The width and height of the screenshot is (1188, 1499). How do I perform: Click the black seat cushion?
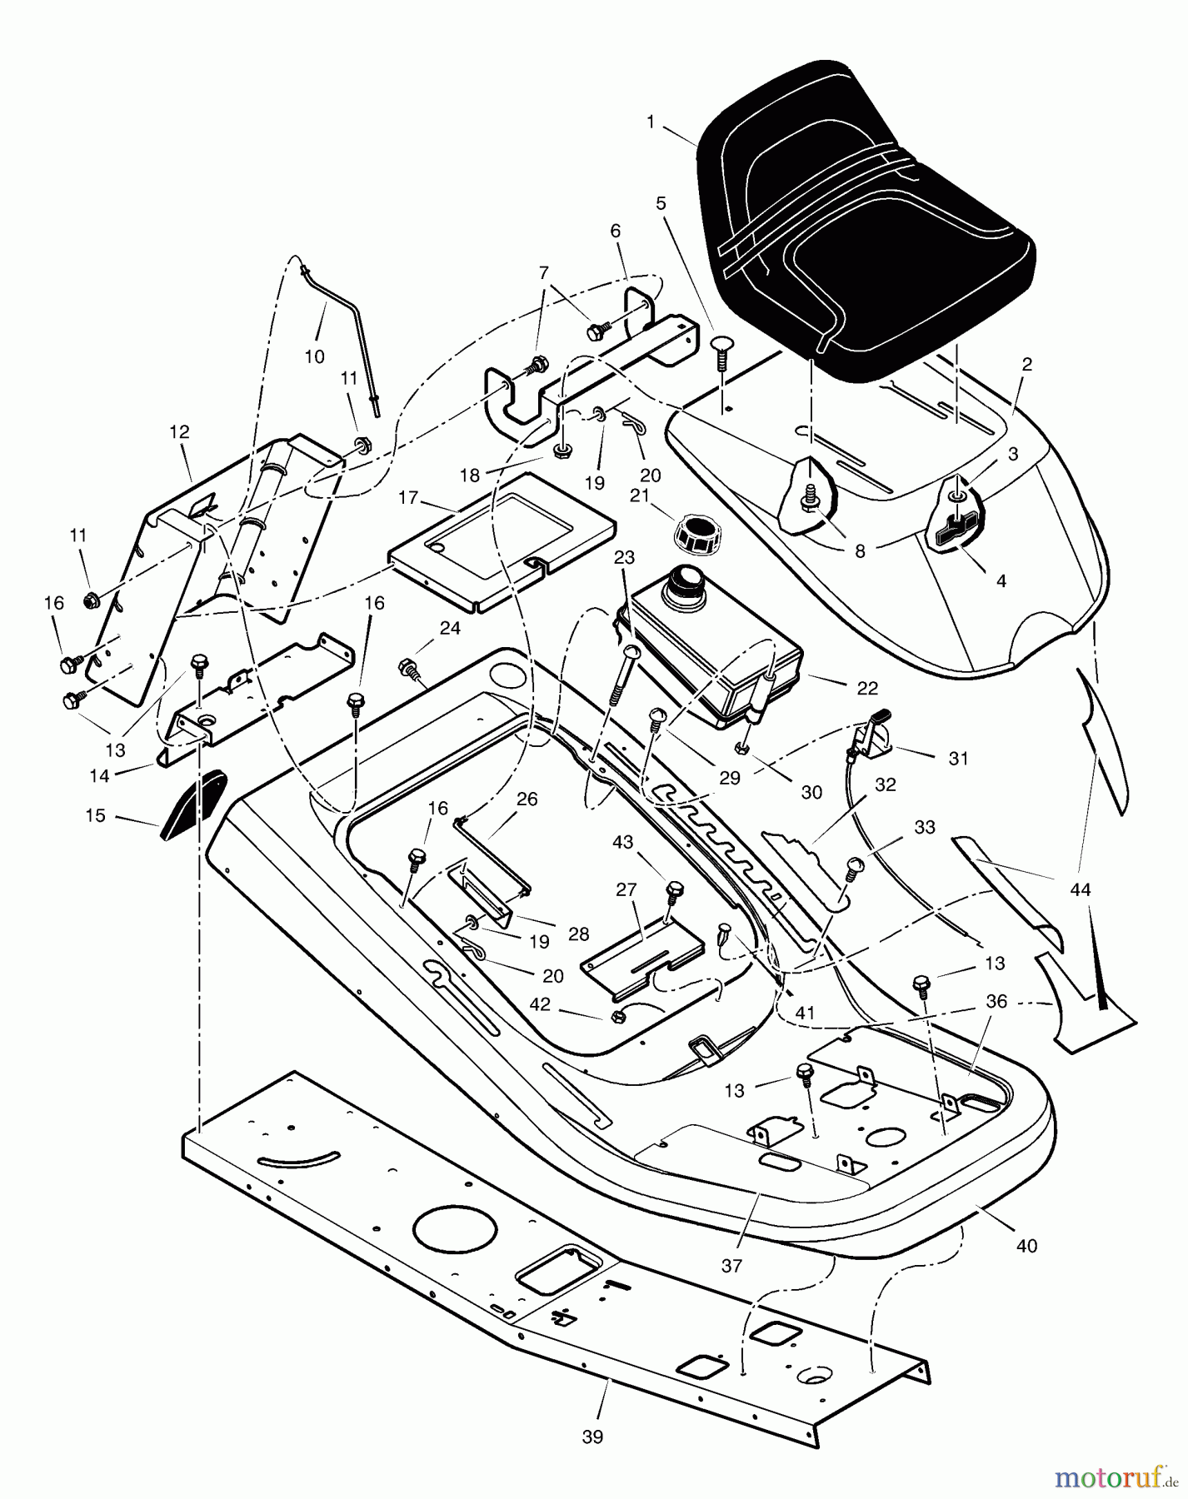[x=862, y=221]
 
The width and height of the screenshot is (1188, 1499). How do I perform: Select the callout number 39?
[x=592, y=1437]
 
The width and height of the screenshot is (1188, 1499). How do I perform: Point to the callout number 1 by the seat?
[x=651, y=122]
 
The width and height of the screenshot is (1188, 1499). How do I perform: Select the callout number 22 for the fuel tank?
[x=867, y=688]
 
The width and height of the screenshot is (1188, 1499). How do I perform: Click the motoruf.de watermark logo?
[x=1114, y=1477]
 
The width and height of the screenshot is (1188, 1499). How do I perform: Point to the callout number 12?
[x=179, y=431]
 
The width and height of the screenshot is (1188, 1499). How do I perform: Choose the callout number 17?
[x=407, y=498]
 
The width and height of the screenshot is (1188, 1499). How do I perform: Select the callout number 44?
[x=1080, y=889]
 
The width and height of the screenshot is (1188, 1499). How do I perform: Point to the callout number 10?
[x=314, y=356]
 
